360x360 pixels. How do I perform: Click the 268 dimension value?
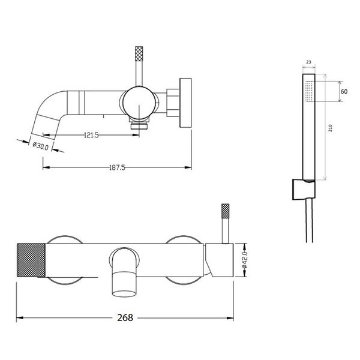[125, 318]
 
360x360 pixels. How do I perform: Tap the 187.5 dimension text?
[117, 167]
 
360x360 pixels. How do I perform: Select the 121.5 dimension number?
[91, 135]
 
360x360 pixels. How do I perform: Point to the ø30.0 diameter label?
[41, 146]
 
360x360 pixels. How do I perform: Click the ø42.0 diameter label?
[245, 260]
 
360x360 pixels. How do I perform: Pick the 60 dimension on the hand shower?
[344, 91]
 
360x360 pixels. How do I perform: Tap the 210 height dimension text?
[331, 128]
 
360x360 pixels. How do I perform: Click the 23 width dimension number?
[308, 62]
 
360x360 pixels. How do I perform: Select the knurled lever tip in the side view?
[139, 54]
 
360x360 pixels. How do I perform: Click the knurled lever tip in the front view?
[225, 211]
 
